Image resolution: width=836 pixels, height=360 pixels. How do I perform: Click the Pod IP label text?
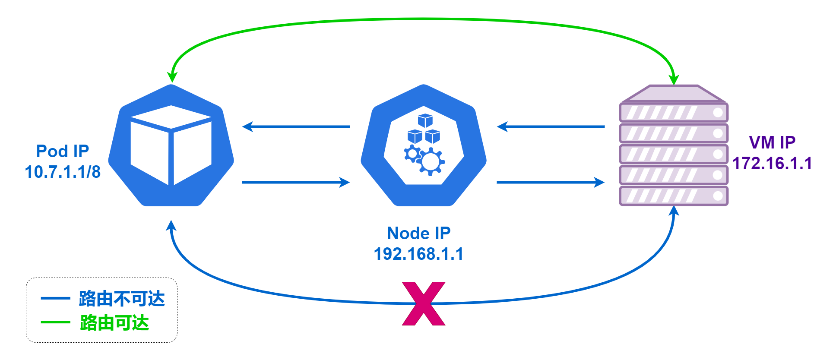pyautogui.click(x=63, y=151)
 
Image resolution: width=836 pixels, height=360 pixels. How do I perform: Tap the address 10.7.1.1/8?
pyautogui.click(x=63, y=172)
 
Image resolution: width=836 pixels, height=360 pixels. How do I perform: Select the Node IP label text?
pyautogui.click(x=419, y=233)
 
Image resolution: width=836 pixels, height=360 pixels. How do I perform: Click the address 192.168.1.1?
pyautogui.click(x=419, y=254)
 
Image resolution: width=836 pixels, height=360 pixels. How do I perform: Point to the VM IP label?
pyautogui.click(x=772, y=142)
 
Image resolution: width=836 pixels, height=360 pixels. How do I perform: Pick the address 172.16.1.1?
pyautogui.click(x=772, y=163)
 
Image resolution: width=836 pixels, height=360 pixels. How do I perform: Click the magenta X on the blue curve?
pyautogui.click(x=424, y=303)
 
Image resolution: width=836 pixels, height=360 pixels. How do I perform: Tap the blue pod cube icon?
pyautogui.click(x=171, y=145)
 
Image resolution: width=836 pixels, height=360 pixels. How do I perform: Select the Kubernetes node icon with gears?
pyautogui.click(x=424, y=145)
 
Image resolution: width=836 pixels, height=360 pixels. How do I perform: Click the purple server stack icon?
pyautogui.click(x=674, y=145)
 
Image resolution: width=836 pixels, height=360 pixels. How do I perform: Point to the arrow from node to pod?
pyautogui.click(x=296, y=127)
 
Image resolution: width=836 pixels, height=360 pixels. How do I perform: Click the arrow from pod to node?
pyautogui.click(x=296, y=182)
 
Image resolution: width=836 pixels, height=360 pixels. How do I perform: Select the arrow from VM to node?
pyautogui.click(x=551, y=127)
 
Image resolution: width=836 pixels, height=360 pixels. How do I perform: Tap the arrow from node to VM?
pyautogui.click(x=551, y=182)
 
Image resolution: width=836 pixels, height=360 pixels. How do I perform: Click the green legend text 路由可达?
pyautogui.click(x=114, y=323)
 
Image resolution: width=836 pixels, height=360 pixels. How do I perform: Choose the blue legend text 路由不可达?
pyautogui.click(x=122, y=299)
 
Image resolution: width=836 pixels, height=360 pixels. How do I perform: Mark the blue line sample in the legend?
pyautogui.click(x=56, y=298)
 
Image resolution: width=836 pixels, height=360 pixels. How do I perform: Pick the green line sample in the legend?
pyautogui.click(x=56, y=322)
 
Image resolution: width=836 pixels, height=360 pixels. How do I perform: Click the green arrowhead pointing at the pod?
pyautogui.click(x=172, y=77)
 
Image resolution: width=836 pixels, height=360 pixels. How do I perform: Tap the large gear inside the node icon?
pyautogui.click(x=430, y=162)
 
